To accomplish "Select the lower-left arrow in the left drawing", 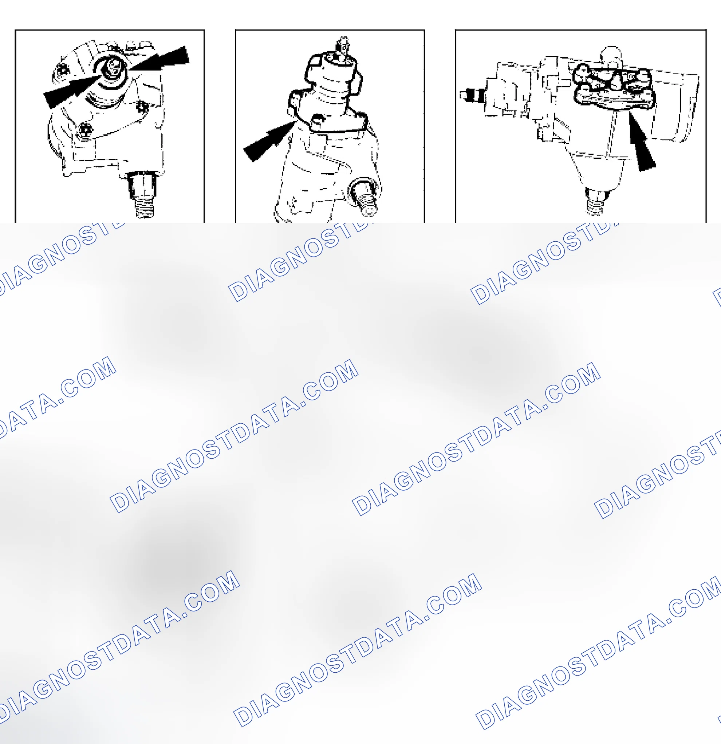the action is [72, 91].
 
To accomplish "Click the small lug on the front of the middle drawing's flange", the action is [318, 121].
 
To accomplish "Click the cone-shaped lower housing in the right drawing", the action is [596, 169].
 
